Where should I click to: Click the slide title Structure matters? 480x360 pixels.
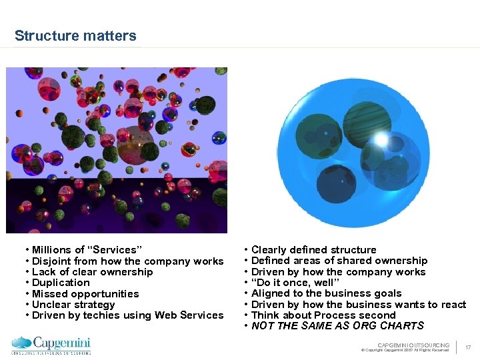(75, 36)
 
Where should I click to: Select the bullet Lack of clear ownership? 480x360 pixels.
(92, 272)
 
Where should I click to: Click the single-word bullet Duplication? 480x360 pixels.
(61, 283)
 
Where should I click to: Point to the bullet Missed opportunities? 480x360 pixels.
(85, 294)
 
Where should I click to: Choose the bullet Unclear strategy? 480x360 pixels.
(73, 305)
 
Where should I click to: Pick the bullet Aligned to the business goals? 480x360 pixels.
(326, 293)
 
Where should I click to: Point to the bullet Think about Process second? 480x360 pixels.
(323, 315)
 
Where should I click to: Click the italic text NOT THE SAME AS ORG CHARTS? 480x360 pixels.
(337, 326)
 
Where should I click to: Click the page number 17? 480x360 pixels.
(468, 347)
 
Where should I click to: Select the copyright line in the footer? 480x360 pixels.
(405, 350)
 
